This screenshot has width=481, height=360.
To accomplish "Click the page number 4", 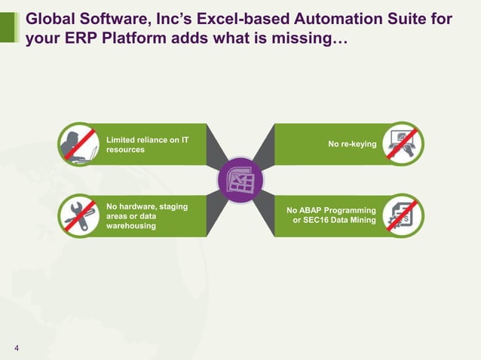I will point(17,347).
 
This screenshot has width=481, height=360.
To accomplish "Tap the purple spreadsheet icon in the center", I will point(240,180).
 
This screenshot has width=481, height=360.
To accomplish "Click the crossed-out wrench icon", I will point(79,215).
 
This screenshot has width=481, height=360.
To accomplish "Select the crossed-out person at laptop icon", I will point(79,144).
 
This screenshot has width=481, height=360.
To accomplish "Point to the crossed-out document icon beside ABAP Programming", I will point(402,215).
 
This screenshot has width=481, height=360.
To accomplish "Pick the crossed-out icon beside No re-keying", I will point(402,144).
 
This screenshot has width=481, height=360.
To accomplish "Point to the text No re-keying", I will point(352,144).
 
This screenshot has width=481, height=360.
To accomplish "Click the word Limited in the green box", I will point(122,139).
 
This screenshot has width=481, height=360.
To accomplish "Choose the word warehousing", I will point(132,226).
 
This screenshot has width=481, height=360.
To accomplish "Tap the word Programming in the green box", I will point(353,210).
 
